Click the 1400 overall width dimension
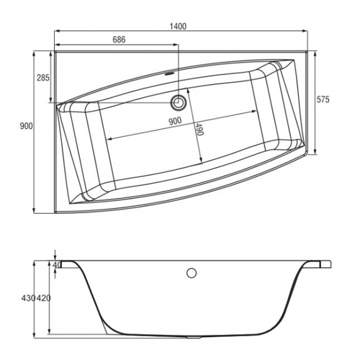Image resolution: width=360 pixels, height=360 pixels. click(178, 26)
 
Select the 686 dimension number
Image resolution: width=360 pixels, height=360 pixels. click(119, 40)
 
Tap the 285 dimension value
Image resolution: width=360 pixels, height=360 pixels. click(43, 78)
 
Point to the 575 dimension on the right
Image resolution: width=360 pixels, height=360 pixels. click(323, 99)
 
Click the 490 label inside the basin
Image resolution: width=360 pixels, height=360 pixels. click(199, 129)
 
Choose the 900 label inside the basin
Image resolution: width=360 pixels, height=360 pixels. click(175, 121)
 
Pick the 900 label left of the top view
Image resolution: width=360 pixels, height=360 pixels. click(26, 126)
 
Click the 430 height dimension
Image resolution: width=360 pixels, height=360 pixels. click(28, 298)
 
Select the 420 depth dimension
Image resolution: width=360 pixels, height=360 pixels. click(43, 298)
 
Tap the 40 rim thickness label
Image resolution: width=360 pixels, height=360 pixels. click(57, 265)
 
